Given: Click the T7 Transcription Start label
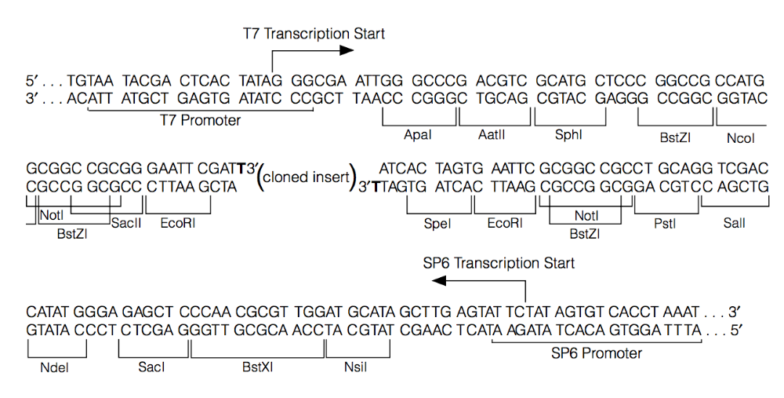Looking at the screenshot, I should point(314,34).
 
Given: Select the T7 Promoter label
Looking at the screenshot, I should point(200,121).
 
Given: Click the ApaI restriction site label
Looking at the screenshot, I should point(418,136).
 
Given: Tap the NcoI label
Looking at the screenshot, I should point(741,137).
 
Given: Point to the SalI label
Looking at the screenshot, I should point(735,224).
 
